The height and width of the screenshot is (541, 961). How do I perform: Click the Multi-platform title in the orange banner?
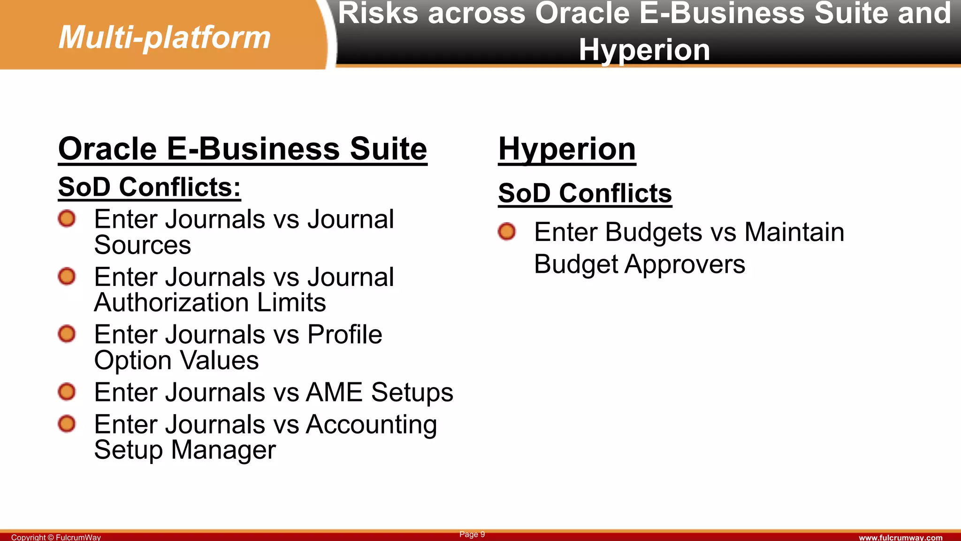[x=165, y=37]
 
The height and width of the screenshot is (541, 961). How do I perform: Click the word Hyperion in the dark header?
[x=644, y=49]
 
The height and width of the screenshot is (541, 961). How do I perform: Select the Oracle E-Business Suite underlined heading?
[x=243, y=149]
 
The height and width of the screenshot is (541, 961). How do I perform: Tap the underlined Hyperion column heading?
[x=567, y=149]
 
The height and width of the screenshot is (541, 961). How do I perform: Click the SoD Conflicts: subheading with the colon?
[x=149, y=187]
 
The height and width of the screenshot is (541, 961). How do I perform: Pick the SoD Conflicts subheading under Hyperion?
[x=585, y=193]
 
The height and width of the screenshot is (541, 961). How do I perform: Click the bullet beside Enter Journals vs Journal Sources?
[x=67, y=219]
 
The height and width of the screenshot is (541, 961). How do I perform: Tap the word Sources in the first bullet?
[x=142, y=245]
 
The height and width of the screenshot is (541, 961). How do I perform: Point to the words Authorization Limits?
[x=210, y=302]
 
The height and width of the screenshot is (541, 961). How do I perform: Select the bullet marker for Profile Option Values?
[x=67, y=334]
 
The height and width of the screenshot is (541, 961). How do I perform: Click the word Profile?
[x=344, y=334]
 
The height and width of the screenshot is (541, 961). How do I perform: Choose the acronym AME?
[x=334, y=392]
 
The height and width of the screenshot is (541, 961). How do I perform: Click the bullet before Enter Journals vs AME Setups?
[x=67, y=392]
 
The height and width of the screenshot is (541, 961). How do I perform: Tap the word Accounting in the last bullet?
[x=371, y=425]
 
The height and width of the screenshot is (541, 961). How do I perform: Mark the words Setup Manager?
[x=185, y=450]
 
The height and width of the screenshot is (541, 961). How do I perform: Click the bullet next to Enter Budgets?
[x=507, y=232]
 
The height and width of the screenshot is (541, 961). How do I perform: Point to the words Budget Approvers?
[x=639, y=264]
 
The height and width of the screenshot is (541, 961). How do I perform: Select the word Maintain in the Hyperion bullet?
[x=794, y=232]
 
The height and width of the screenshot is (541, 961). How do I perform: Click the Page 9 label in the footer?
[x=472, y=534]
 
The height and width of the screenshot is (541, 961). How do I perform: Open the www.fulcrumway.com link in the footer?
[x=900, y=537]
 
